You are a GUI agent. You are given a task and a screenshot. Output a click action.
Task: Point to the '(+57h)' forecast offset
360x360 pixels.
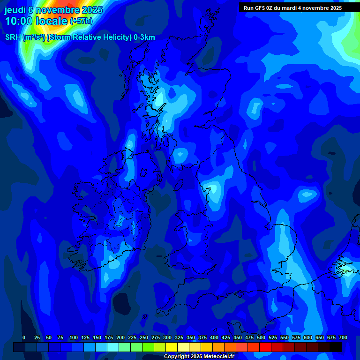click(x=81, y=21)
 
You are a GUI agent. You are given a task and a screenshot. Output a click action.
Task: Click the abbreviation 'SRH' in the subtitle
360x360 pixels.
click(x=13, y=37)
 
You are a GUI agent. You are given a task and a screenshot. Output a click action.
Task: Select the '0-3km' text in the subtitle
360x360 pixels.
click(x=144, y=37)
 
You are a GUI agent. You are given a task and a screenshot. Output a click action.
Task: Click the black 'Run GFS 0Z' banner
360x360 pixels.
click(x=292, y=8)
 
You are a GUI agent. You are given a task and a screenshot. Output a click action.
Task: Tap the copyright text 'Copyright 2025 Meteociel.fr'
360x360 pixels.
click(x=199, y=356)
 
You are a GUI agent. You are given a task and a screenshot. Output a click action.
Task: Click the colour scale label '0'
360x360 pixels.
click(x=24, y=337)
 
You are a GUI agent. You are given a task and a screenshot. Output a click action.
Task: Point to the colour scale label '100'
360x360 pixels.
click(x=74, y=337)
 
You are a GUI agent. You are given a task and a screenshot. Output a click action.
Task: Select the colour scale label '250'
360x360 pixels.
click(x=144, y=337)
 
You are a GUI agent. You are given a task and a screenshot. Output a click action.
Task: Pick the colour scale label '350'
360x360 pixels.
click(x=191, y=337)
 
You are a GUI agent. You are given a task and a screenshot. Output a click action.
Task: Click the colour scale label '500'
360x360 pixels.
click(x=261, y=337)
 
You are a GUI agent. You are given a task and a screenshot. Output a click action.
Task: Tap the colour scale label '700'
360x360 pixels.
click(x=343, y=337)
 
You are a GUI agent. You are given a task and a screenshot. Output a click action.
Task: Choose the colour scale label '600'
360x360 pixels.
click(x=308, y=337)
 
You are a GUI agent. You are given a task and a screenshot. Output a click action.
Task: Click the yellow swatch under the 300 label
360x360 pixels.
click(x=172, y=347)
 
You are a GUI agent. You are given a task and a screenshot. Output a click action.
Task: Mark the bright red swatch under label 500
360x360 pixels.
click(x=265, y=347)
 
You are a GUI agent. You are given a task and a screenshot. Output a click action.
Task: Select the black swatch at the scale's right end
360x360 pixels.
click(x=336, y=347)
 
